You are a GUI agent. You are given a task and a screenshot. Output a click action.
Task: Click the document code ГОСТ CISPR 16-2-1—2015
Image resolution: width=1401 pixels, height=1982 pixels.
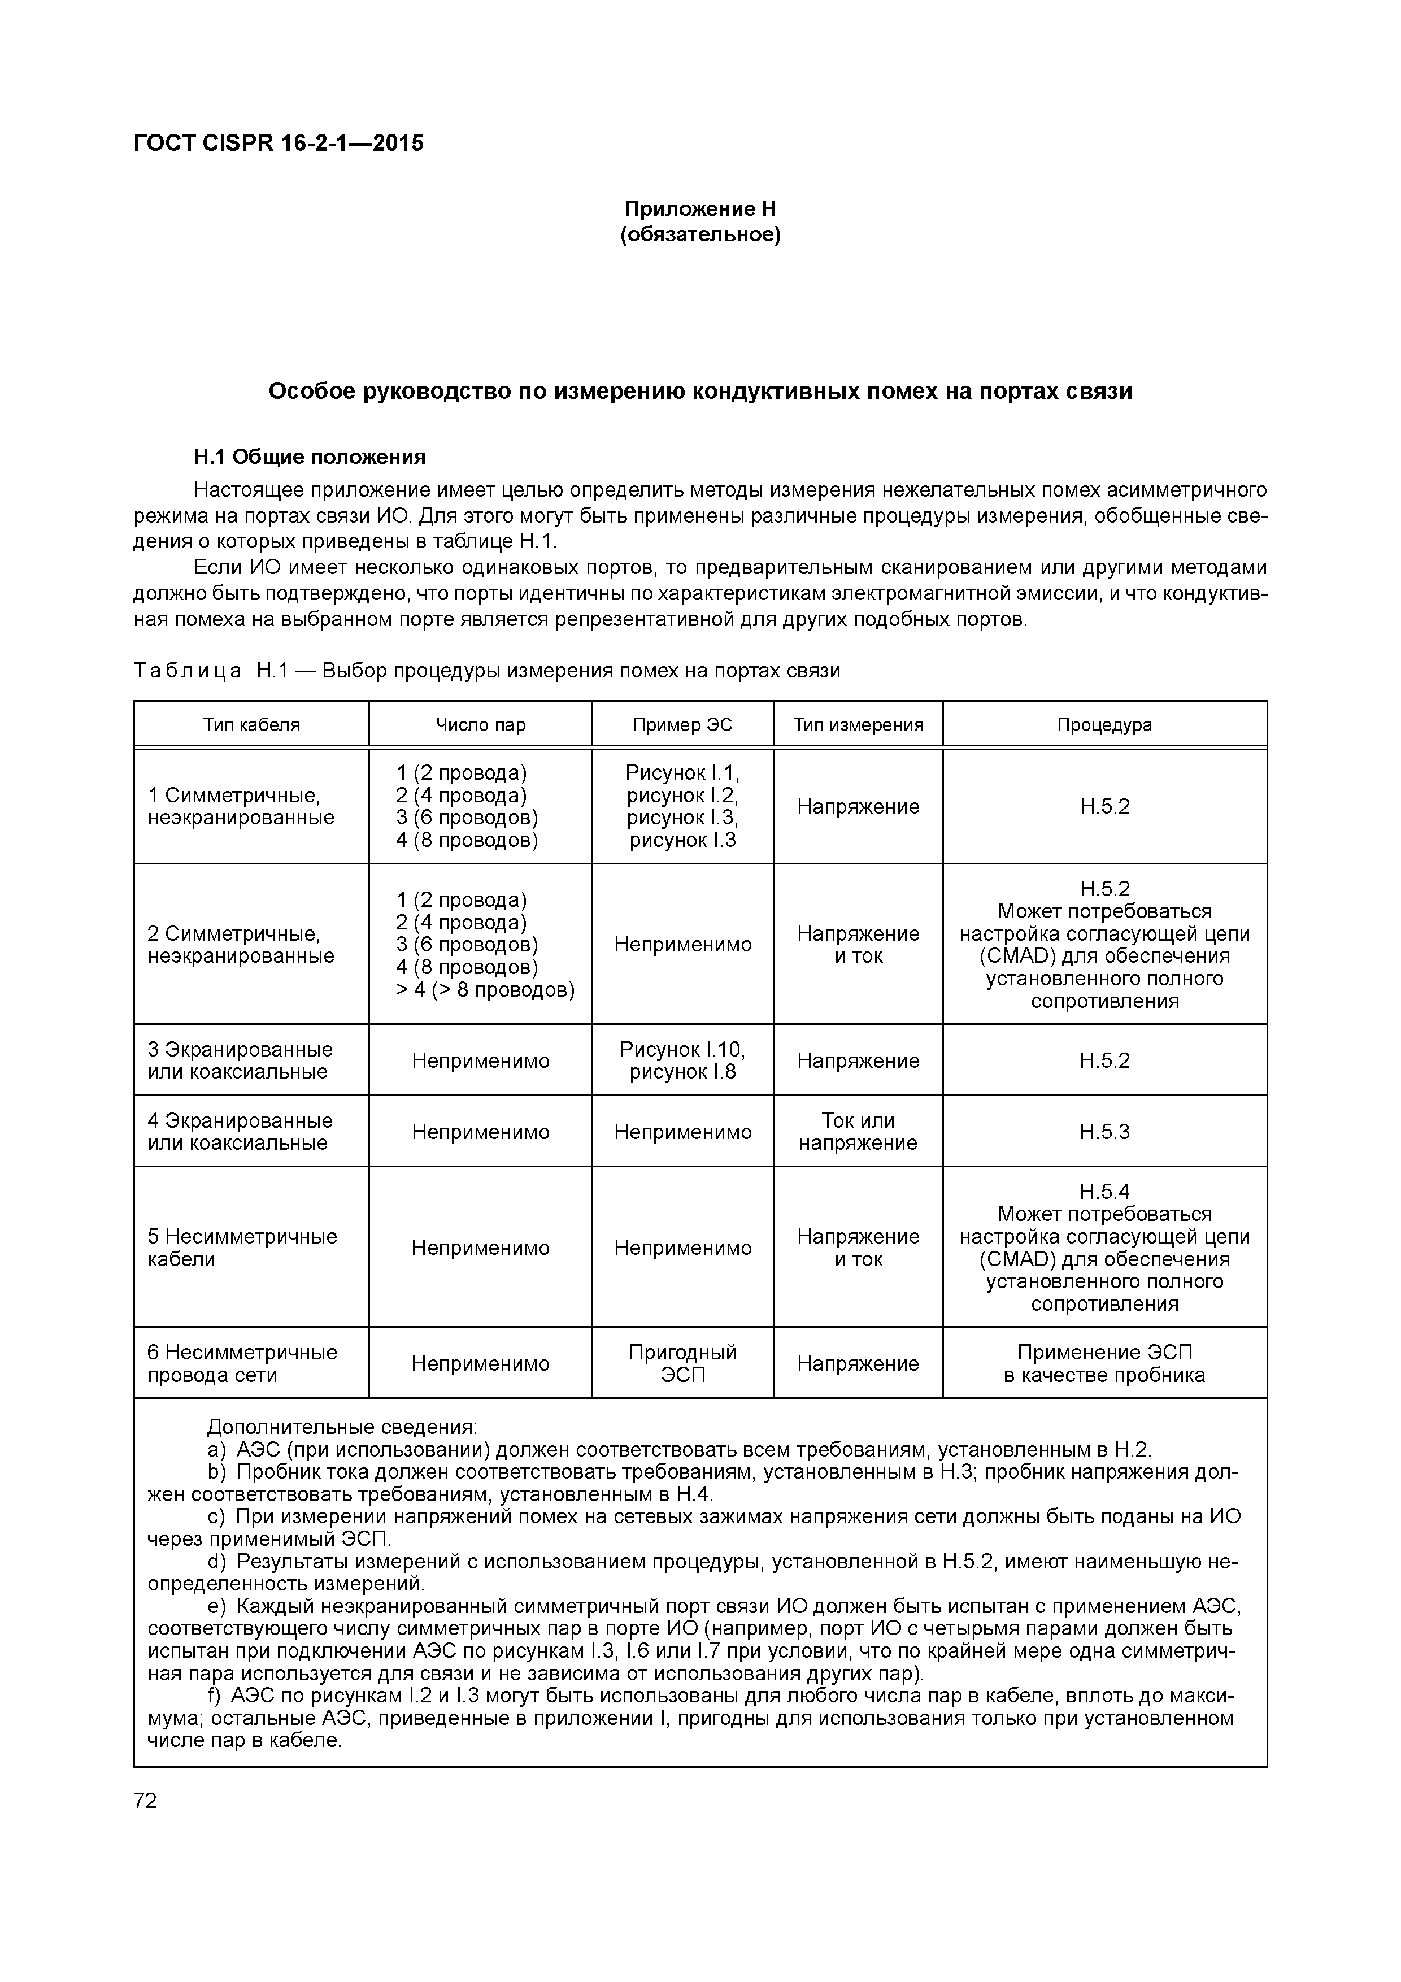tap(279, 144)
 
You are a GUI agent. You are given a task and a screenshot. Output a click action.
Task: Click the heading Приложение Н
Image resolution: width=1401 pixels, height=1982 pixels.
tap(700, 209)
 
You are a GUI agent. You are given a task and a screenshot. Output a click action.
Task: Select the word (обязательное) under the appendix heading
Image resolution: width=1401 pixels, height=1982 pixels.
tap(700, 235)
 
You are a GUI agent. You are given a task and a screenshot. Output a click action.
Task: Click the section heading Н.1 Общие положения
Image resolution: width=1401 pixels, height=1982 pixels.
tap(310, 456)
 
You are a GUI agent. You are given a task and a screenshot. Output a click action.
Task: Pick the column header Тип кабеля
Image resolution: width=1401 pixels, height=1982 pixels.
tap(251, 724)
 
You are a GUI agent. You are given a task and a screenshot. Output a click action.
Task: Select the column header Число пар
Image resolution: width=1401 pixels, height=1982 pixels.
tap(480, 724)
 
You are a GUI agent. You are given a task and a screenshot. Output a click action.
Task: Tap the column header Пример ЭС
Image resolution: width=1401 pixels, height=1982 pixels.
tap(682, 724)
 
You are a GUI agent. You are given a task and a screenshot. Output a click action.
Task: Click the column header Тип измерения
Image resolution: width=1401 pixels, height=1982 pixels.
tap(858, 724)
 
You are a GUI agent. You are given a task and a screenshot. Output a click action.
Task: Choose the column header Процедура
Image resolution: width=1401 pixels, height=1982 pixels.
tap(1104, 724)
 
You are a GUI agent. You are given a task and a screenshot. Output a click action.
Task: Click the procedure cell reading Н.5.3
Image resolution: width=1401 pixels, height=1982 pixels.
tap(1104, 1132)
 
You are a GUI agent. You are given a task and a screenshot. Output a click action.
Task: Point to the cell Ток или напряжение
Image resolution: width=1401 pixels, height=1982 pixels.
tap(858, 1132)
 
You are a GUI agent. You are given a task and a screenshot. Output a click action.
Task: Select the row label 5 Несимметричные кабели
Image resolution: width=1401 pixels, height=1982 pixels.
tap(242, 1248)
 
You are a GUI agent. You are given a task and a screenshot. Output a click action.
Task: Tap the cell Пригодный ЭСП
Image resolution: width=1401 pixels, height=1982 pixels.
tap(682, 1364)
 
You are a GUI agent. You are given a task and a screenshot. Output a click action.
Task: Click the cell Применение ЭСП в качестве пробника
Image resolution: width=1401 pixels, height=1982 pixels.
tap(1104, 1364)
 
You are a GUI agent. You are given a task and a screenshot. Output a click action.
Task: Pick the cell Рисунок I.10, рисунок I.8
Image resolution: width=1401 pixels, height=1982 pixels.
tap(682, 1061)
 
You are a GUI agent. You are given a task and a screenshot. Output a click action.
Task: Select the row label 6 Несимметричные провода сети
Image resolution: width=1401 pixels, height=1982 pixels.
tap(242, 1364)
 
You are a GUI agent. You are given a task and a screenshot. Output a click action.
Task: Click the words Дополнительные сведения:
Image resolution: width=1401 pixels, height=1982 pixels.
tap(342, 1427)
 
